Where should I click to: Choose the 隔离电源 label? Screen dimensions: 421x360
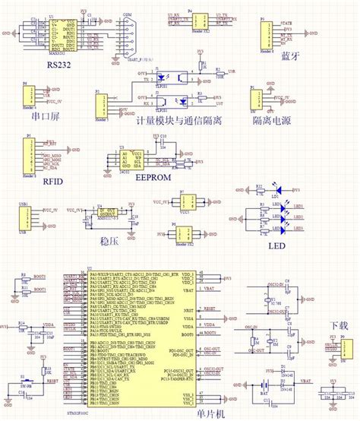pyautogui.click(x=274, y=120)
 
